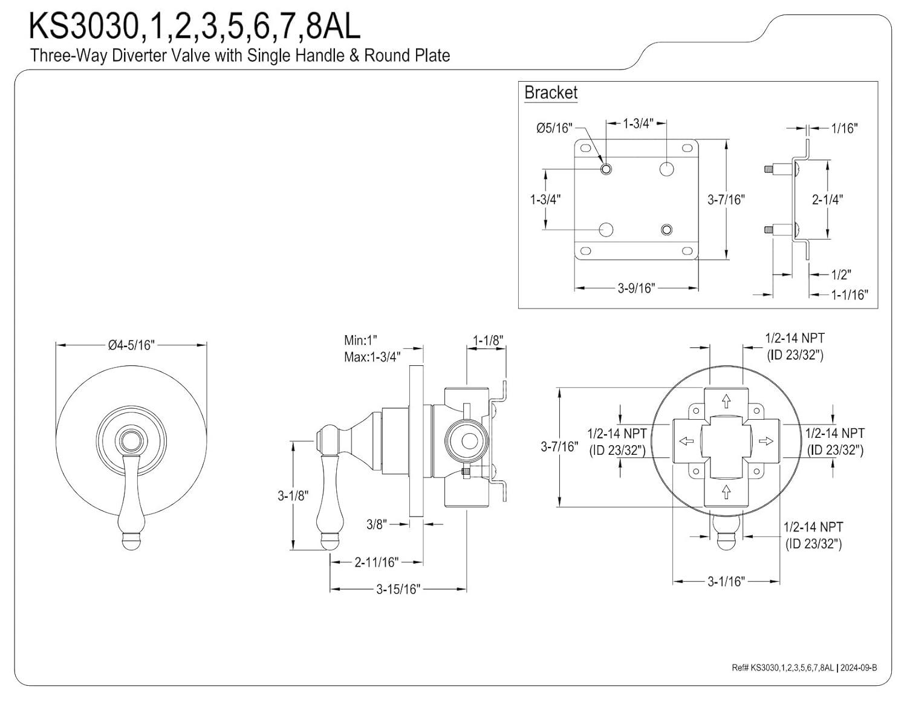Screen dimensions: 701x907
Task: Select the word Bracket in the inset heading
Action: coord(550,93)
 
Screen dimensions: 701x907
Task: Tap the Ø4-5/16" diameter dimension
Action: coord(131,345)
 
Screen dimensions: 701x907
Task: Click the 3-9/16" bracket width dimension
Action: coord(636,289)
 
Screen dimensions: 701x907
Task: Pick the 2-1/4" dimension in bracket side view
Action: coord(827,199)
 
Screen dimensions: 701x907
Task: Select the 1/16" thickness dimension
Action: coord(844,128)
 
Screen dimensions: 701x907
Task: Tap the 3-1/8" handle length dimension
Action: coord(293,496)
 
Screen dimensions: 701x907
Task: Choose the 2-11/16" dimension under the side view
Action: coord(376,562)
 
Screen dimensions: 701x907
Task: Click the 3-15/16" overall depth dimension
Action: coord(398,589)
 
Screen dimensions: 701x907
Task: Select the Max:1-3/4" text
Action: coord(372,357)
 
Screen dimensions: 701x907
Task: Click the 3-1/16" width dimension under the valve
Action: coord(726,581)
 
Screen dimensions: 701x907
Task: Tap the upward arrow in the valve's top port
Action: coord(726,401)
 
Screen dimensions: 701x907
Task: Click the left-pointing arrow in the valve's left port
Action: coord(686,441)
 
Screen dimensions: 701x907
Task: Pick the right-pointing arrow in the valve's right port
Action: coord(766,441)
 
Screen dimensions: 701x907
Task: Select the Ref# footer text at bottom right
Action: coord(804,667)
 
